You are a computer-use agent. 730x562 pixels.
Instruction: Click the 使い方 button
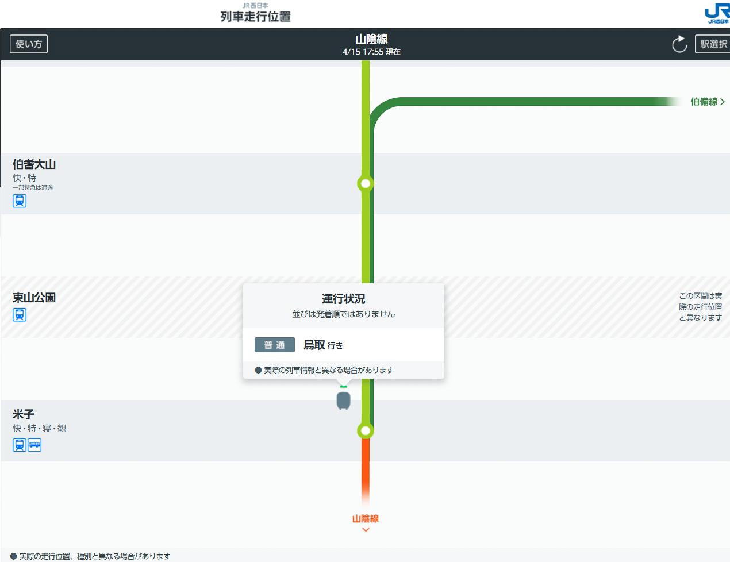pyautogui.click(x=29, y=44)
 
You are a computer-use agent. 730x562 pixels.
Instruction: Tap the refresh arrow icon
pyautogui.click(x=679, y=44)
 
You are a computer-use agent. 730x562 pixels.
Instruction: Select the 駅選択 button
pyautogui.click(x=713, y=44)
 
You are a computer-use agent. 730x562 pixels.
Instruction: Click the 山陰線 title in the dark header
pyautogui.click(x=371, y=39)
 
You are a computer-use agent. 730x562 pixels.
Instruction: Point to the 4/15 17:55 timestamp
pyautogui.click(x=363, y=52)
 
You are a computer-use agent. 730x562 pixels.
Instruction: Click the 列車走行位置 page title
pyautogui.click(x=255, y=17)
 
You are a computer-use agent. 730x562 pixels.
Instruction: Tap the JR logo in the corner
pyautogui.click(x=717, y=13)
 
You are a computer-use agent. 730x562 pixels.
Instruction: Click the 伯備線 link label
pyautogui.click(x=704, y=101)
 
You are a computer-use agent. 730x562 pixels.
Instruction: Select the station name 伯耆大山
pyautogui.click(x=34, y=164)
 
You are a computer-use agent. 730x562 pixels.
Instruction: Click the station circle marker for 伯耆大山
pyautogui.click(x=366, y=184)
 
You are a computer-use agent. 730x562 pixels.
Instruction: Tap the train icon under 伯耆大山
pyautogui.click(x=20, y=201)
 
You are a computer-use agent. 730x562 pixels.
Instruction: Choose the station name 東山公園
pyautogui.click(x=34, y=298)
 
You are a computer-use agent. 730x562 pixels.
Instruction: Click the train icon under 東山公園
pyautogui.click(x=20, y=314)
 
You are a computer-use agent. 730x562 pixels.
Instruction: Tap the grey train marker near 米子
pyautogui.click(x=343, y=401)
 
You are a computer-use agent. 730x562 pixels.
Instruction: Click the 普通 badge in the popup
pyautogui.click(x=274, y=345)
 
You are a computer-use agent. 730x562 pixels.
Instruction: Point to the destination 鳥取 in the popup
pyautogui.click(x=314, y=345)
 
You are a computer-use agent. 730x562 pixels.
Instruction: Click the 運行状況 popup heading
pyautogui.click(x=343, y=298)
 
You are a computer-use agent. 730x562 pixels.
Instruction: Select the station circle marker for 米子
pyautogui.click(x=366, y=431)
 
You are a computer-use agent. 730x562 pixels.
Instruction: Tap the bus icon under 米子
pyautogui.click(x=34, y=445)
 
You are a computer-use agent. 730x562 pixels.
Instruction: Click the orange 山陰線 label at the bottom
pyautogui.click(x=366, y=519)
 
